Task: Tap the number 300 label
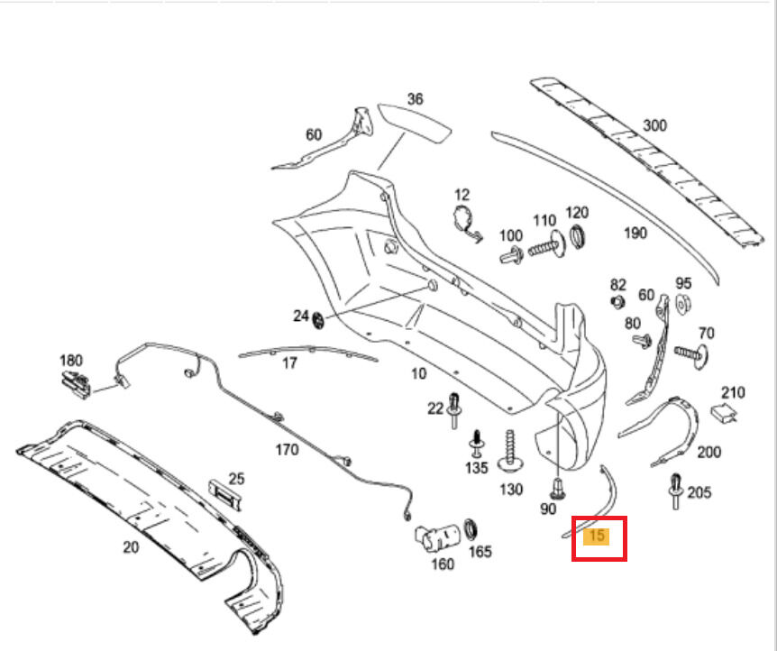pyautogui.click(x=654, y=125)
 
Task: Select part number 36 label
pyautogui.click(x=415, y=99)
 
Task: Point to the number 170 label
pyautogui.click(x=286, y=448)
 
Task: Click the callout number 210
pyautogui.click(x=733, y=392)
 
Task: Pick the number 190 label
pyautogui.click(x=635, y=233)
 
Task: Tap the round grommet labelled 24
pyautogui.click(x=318, y=320)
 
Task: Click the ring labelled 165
pyautogui.click(x=471, y=528)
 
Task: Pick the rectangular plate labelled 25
pyautogui.click(x=225, y=496)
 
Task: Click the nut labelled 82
pyautogui.click(x=617, y=301)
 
